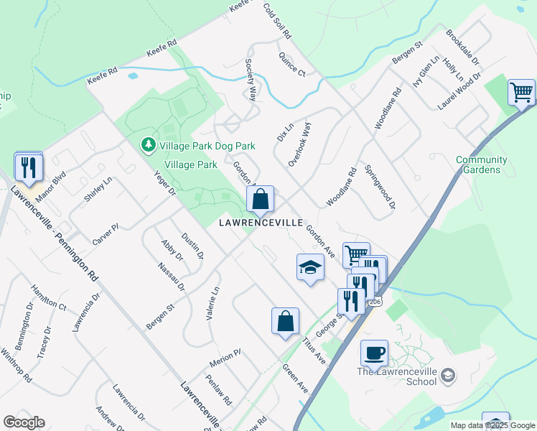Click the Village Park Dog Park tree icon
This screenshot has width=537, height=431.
(148, 146)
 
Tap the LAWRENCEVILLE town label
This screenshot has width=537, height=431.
(261, 223)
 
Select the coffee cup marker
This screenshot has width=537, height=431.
(374, 353)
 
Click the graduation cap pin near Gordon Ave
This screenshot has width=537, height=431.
(309, 267)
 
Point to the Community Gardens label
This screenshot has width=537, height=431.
(481, 164)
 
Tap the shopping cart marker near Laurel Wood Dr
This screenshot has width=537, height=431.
(521, 92)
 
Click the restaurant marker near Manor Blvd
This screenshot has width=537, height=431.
(29, 167)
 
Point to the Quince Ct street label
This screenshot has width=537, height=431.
(292, 64)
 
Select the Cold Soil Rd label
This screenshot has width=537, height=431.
(277, 21)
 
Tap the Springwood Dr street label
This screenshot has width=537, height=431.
(380, 187)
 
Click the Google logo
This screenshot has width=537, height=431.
(24, 422)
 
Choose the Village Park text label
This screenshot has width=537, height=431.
(191, 164)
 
